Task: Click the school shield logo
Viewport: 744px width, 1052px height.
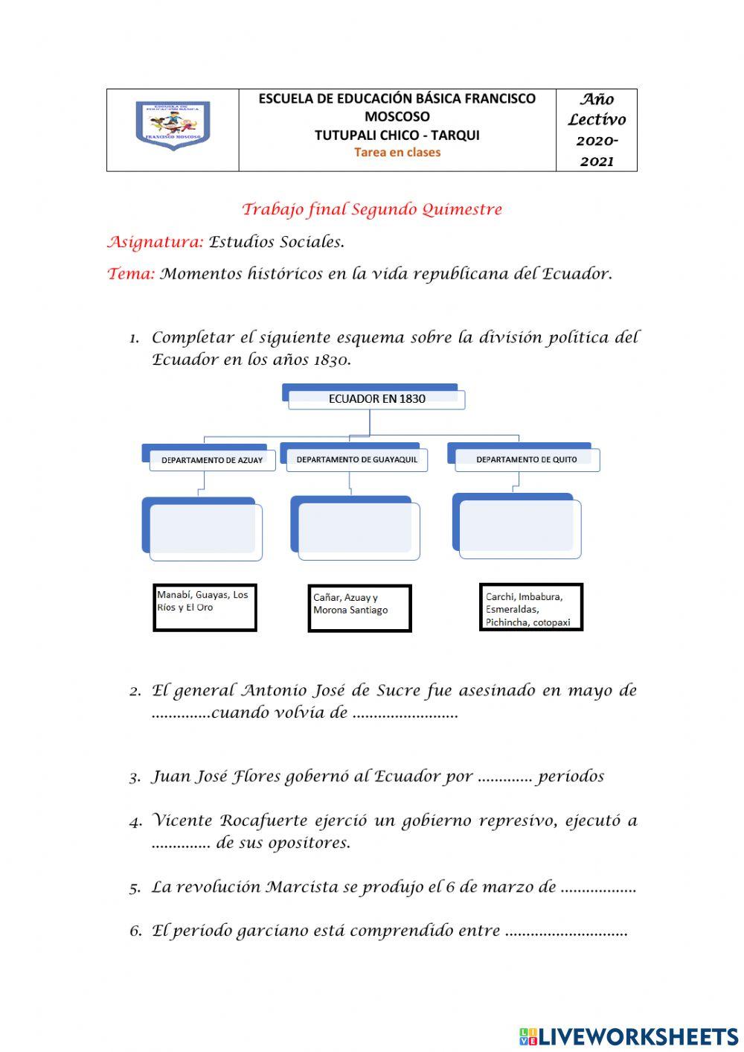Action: tap(173, 126)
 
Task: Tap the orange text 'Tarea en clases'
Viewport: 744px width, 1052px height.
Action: tap(397, 153)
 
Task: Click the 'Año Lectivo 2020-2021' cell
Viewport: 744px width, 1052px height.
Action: tap(597, 130)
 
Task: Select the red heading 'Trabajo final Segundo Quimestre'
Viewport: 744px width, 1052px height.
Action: tap(372, 210)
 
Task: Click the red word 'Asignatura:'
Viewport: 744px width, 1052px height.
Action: tap(155, 242)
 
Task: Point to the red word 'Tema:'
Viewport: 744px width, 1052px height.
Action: tap(132, 274)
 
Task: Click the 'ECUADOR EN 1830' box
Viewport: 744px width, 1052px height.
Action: tap(376, 398)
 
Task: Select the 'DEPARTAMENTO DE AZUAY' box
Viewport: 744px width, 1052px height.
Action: tap(211, 460)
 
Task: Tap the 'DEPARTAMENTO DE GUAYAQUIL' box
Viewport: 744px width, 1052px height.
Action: tap(356, 459)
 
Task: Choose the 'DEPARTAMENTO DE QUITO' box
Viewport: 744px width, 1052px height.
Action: tap(526, 459)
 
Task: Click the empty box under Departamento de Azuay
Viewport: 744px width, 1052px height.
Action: tap(205, 530)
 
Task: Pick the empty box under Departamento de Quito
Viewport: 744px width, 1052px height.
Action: tap(519, 528)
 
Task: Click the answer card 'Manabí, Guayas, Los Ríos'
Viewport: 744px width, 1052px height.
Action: tap(205, 608)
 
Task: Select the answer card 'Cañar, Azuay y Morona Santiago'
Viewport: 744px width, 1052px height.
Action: tap(359, 608)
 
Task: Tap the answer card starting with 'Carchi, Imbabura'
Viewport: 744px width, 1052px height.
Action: tap(530, 608)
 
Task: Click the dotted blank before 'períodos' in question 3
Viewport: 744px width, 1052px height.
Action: tap(504, 777)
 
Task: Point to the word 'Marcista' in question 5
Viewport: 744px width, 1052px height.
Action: tap(303, 887)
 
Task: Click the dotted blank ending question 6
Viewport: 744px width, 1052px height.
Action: tap(566, 931)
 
